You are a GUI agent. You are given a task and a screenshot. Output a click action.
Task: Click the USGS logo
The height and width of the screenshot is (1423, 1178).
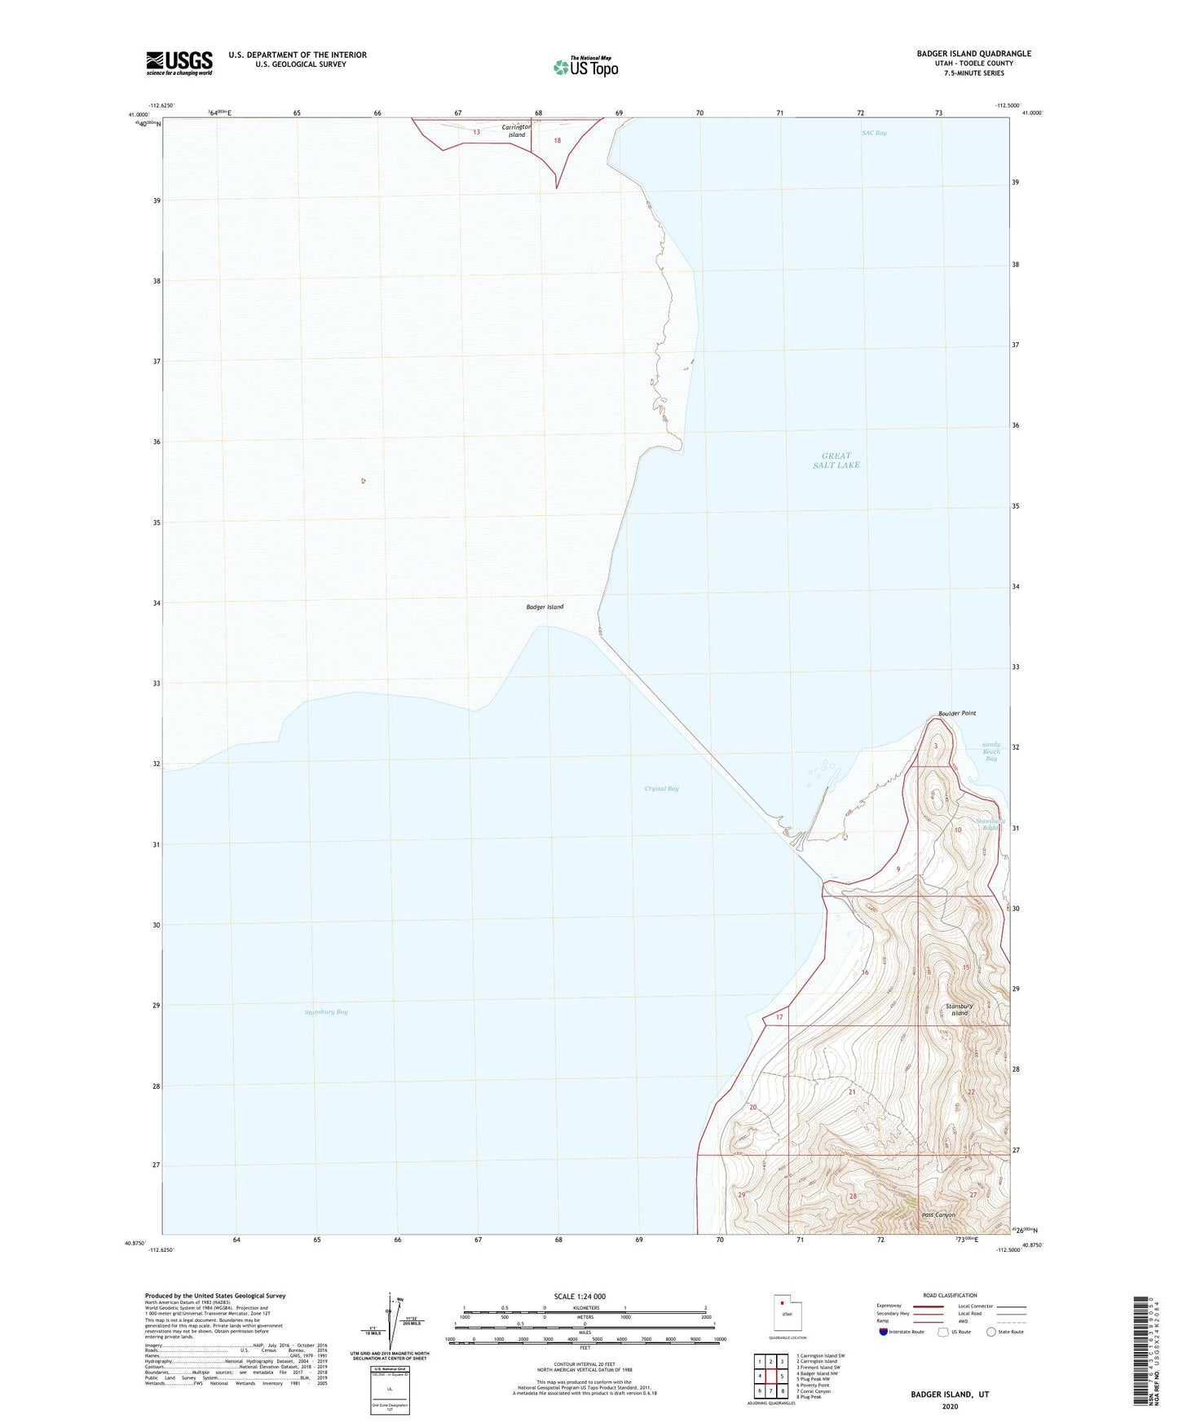[179, 63]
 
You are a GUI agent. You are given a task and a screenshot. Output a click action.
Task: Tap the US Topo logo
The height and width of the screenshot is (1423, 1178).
[584, 67]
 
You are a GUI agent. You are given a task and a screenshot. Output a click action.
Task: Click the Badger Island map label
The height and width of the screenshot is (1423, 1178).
[545, 606]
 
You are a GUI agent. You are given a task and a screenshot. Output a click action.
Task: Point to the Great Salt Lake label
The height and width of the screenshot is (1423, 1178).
[836, 460]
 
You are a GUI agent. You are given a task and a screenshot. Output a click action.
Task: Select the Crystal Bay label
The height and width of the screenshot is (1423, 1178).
[661, 788]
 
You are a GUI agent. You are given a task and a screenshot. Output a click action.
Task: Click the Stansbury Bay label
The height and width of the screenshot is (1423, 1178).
[325, 1011]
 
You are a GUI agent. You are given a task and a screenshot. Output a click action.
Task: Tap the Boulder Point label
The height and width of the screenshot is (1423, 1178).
[956, 713]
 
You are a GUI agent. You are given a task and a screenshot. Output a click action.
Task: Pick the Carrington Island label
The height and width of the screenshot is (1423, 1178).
[516, 130]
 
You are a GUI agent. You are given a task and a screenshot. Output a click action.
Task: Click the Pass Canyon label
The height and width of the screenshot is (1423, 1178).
[938, 1215]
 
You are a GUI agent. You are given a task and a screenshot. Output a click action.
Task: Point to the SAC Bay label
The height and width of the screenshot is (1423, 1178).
[874, 133]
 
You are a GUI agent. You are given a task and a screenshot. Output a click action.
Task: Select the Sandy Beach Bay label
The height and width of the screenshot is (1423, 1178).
[990, 751]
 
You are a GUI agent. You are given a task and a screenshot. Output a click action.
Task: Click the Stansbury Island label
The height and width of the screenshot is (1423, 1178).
[959, 1010]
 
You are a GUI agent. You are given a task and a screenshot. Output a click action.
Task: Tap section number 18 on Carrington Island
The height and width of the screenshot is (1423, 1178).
[558, 140]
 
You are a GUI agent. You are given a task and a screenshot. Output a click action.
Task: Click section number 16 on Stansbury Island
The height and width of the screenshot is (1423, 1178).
[865, 972]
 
